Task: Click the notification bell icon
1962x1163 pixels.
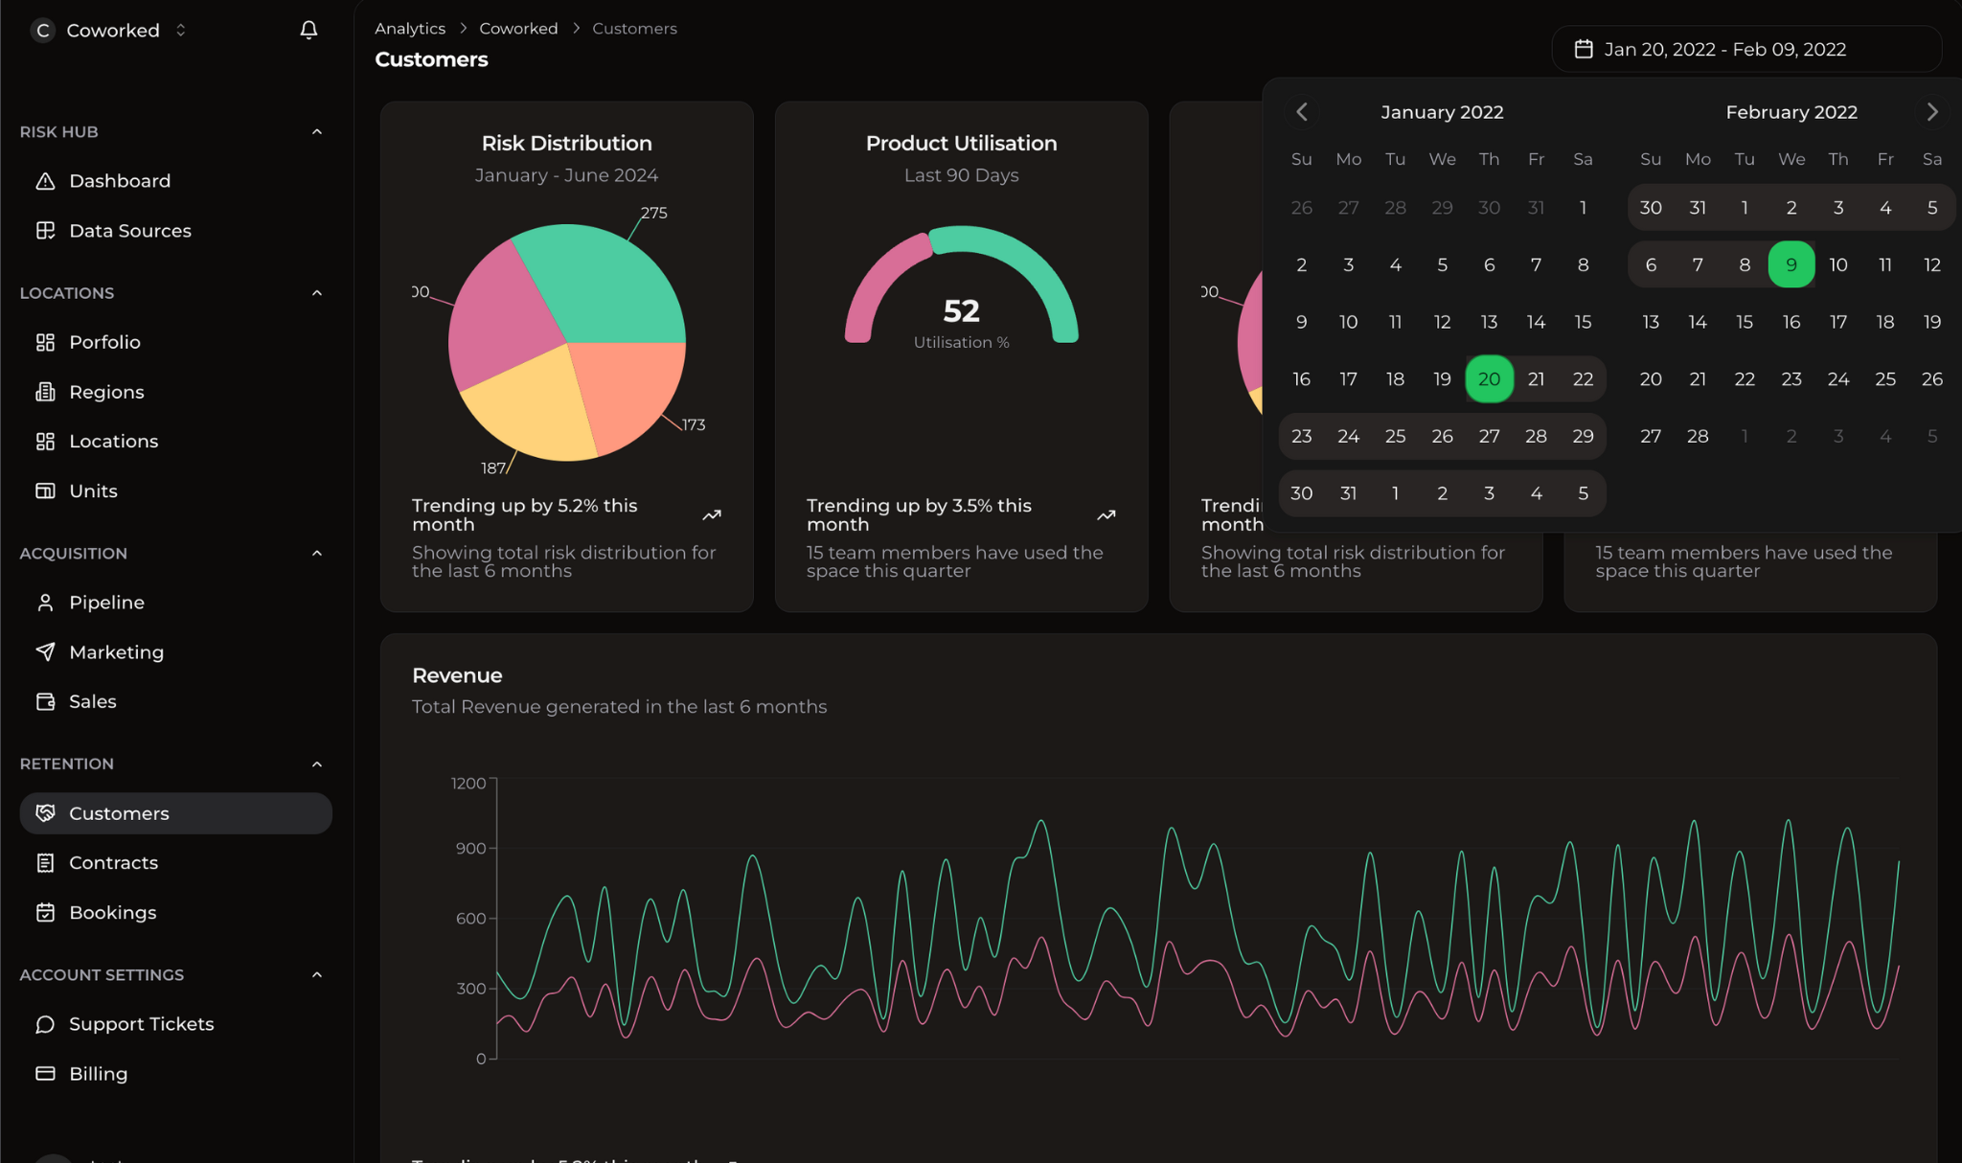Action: point(308,30)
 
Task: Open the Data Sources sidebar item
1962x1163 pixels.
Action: point(129,231)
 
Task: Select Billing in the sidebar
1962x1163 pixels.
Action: point(98,1074)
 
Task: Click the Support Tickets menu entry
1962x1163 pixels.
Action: point(141,1024)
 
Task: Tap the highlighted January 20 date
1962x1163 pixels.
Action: point(1489,379)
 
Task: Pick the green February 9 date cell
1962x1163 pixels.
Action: point(1791,265)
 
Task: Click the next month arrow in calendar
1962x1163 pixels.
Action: point(1932,112)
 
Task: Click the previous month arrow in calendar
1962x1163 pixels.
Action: point(1301,112)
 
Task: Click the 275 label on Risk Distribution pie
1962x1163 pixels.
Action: point(654,213)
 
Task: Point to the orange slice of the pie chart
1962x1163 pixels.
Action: point(627,393)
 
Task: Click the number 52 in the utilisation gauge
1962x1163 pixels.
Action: point(961,310)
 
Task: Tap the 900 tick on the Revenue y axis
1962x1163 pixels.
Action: point(470,849)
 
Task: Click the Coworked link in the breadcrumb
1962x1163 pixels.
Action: point(518,29)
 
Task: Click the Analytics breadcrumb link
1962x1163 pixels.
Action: point(410,29)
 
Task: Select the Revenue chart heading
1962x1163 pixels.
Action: point(457,675)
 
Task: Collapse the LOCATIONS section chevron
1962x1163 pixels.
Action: point(317,293)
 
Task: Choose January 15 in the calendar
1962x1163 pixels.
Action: point(1583,322)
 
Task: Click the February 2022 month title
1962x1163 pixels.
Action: point(1791,112)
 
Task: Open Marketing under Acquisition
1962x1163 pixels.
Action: point(116,652)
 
